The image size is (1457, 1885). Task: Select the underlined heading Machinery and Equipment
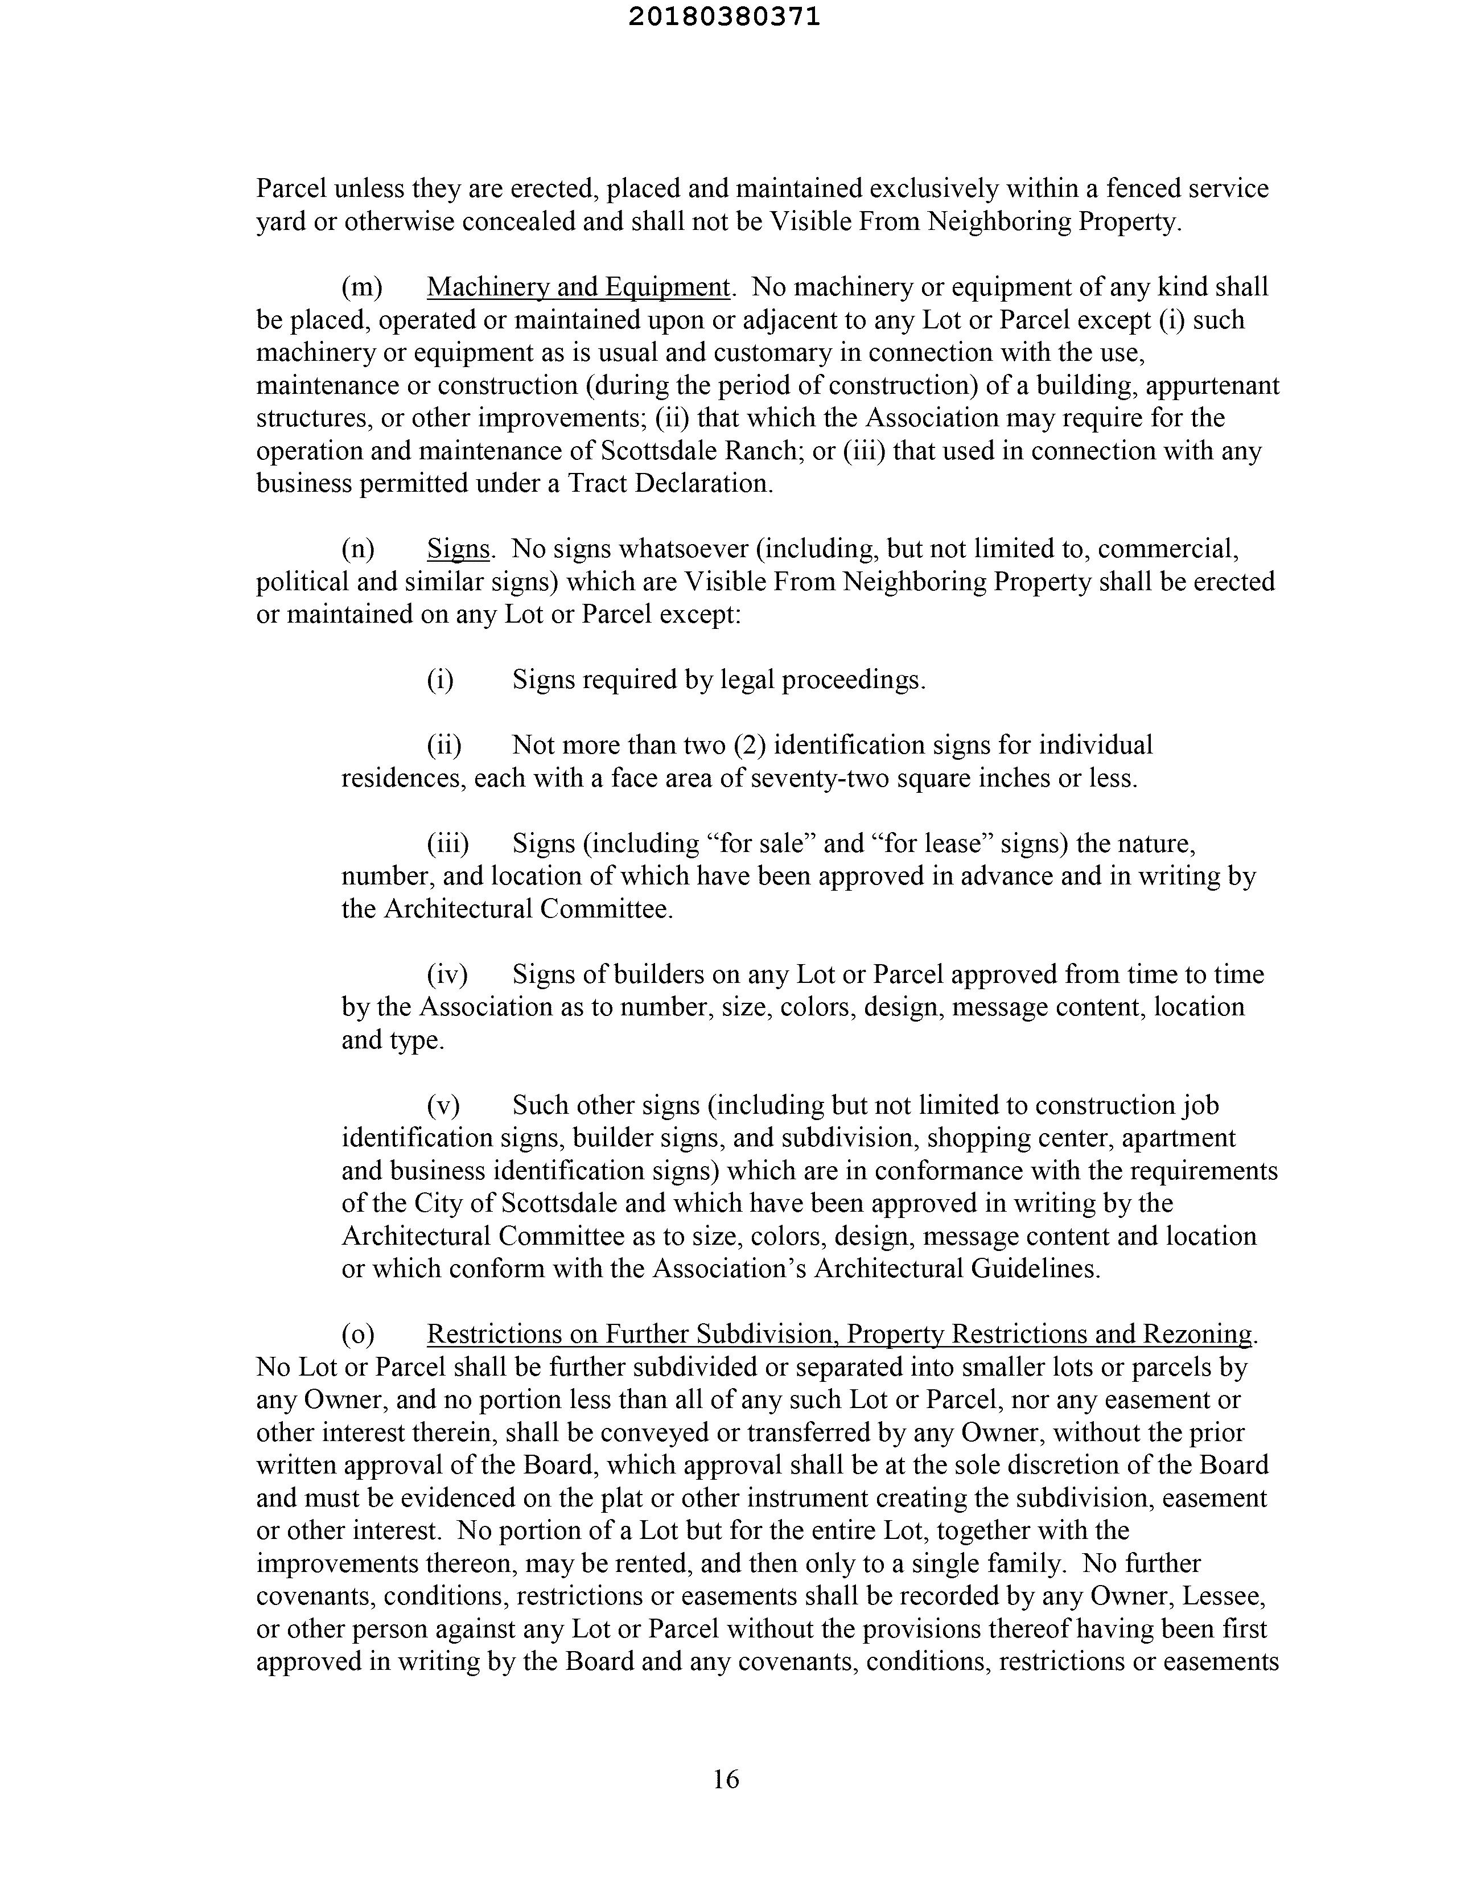[x=578, y=286]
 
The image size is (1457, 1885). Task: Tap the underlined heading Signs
[x=458, y=549]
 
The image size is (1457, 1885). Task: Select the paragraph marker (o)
[x=358, y=1334]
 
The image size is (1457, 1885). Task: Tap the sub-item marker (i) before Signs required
[x=439, y=680]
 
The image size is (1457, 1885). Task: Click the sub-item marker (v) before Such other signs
[x=443, y=1106]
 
